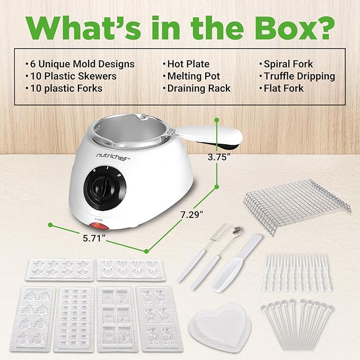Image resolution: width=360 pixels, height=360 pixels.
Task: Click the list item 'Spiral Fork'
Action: click(289, 64)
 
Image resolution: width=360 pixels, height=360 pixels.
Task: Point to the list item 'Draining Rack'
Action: click(199, 89)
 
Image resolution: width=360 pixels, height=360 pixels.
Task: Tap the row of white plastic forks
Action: click(297, 271)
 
